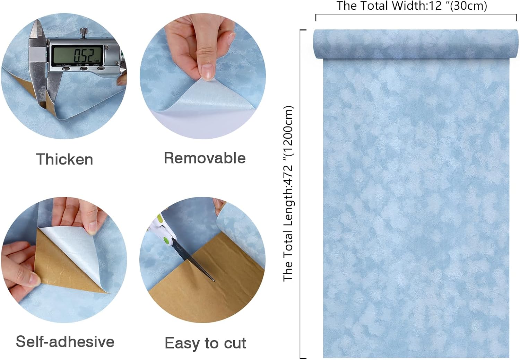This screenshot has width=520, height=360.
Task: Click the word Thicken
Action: tap(64, 159)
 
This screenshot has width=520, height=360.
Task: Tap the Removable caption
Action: tap(205, 158)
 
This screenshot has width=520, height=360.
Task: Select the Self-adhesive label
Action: tap(65, 342)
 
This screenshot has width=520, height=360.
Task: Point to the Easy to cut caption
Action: tap(205, 343)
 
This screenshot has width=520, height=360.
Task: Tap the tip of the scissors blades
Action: tap(214, 280)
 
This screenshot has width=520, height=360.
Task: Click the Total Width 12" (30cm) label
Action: tap(412, 6)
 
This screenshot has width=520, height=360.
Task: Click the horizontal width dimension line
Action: tap(416, 15)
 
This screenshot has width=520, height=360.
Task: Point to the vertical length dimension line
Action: tap(301, 194)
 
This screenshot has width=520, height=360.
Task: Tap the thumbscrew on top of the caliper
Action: tap(83, 32)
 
